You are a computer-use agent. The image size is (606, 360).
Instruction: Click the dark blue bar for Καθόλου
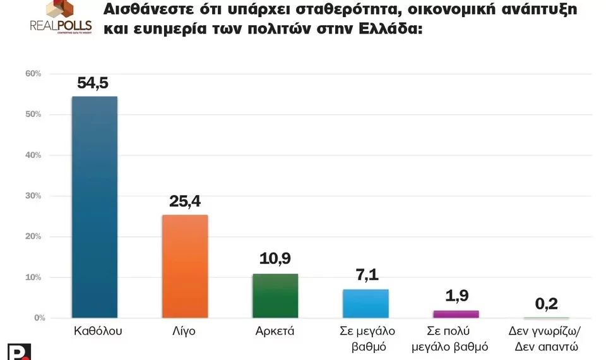click(x=94, y=207)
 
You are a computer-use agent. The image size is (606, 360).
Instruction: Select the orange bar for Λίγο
click(x=185, y=266)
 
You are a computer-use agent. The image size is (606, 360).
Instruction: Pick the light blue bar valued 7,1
click(x=365, y=303)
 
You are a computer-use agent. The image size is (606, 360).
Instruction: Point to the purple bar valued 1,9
click(x=456, y=314)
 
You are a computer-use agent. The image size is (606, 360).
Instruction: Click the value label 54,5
click(x=95, y=83)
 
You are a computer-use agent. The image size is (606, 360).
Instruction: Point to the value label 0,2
click(x=547, y=304)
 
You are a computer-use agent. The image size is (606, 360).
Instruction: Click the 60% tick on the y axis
click(x=33, y=74)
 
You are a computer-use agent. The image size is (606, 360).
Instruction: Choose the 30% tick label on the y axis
click(x=33, y=196)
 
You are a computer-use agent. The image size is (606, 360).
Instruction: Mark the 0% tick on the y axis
click(x=35, y=318)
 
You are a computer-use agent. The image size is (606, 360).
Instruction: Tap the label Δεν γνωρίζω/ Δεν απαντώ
click(x=546, y=338)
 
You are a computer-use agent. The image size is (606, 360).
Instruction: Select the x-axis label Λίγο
click(x=185, y=331)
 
